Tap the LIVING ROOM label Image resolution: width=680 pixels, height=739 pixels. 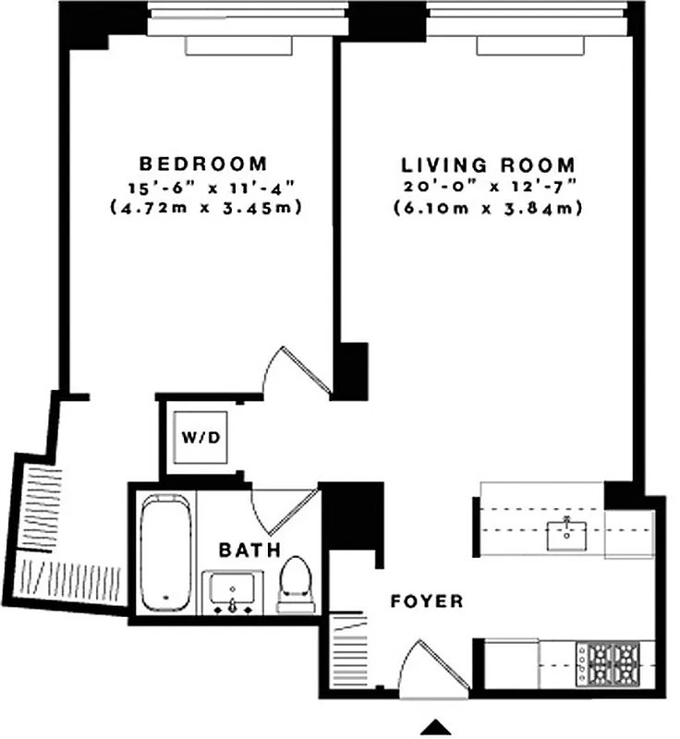[x=490, y=165]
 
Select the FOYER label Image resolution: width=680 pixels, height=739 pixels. [x=427, y=601]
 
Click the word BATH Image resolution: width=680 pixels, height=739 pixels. [x=249, y=551]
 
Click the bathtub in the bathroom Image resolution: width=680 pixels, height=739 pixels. [x=167, y=551]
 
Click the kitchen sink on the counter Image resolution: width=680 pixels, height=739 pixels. [x=565, y=534]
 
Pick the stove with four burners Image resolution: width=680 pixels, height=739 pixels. [x=608, y=661]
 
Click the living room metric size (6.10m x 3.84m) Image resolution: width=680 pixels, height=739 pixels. [x=490, y=209]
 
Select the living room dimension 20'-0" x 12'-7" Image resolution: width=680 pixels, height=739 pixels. [x=490, y=188]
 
